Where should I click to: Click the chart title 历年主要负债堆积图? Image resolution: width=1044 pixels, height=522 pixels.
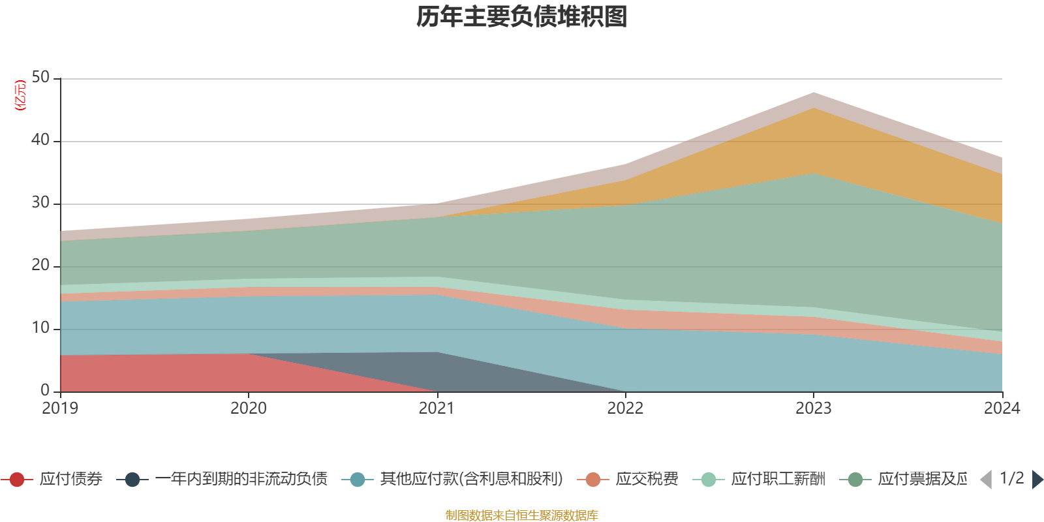point(522,17)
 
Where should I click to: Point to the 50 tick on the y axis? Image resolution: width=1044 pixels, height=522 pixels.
point(40,78)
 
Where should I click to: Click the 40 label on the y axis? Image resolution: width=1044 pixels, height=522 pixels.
point(40,140)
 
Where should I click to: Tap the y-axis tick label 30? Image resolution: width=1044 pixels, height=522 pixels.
point(40,203)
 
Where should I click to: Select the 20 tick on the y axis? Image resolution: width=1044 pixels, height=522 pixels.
point(40,266)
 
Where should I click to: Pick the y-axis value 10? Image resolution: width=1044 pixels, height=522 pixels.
point(40,328)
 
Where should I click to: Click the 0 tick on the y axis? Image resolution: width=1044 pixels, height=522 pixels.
point(45,390)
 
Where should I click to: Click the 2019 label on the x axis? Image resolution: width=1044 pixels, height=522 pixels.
point(60,408)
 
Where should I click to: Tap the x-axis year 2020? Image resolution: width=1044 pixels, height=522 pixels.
point(249,408)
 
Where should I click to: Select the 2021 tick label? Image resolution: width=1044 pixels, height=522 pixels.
point(437,408)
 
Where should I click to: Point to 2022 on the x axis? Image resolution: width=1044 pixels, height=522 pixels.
point(625,408)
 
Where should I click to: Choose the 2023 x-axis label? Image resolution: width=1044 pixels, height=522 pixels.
point(813,408)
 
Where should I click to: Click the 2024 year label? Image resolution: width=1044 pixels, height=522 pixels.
point(1002,408)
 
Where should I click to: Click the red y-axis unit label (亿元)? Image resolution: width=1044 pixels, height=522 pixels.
point(20,95)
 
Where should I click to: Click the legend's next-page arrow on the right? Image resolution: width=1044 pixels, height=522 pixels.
point(1037,480)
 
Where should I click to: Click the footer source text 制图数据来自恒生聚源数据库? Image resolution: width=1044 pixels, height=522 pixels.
point(522,515)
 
